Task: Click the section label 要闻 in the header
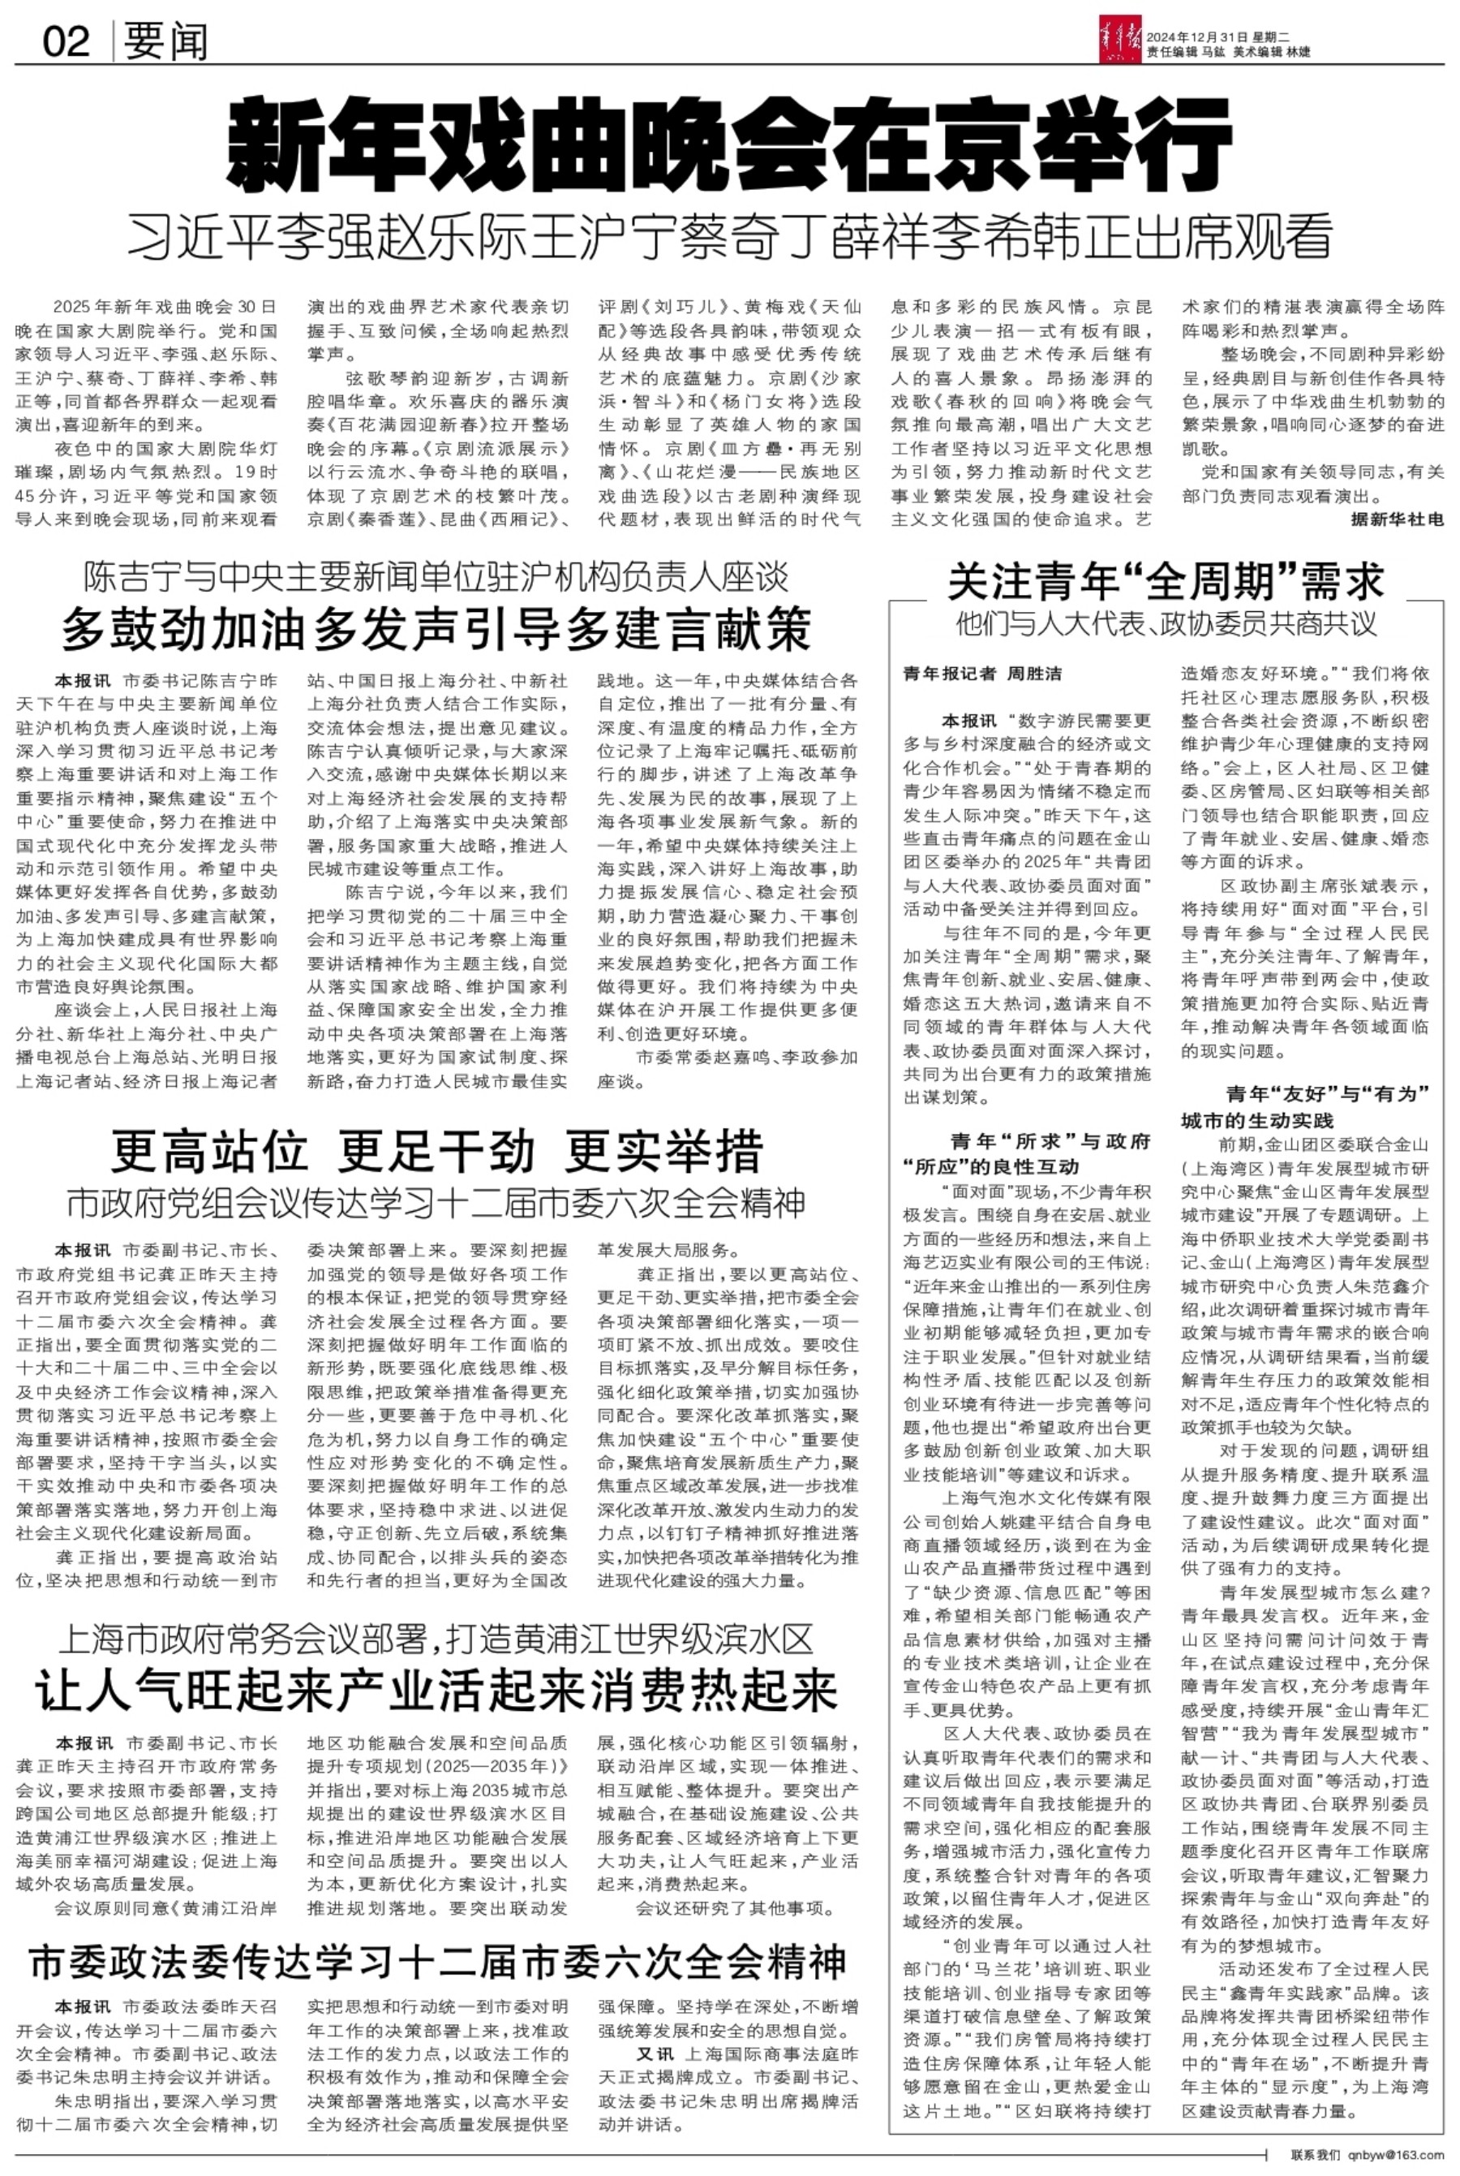(165, 42)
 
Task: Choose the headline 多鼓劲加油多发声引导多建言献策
(436, 631)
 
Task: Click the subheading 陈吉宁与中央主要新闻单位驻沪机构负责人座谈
(436, 579)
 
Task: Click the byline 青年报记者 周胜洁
(982, 673)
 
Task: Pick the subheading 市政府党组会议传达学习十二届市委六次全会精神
(436, 1204)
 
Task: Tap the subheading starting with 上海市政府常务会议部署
(436, 1636)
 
